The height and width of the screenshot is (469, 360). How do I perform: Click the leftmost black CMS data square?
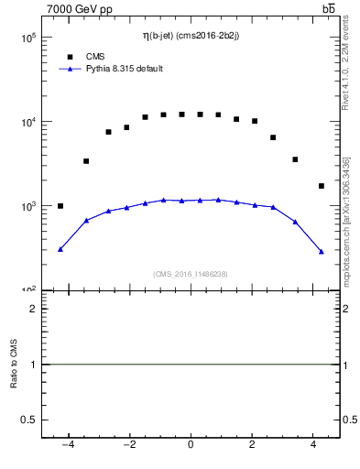(x=60, y=206)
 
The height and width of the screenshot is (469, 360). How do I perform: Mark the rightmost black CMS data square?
(x=322, y=186)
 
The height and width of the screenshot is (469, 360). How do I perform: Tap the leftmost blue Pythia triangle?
(x=60, y=249)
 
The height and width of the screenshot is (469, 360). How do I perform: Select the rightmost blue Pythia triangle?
(x=322, y=251)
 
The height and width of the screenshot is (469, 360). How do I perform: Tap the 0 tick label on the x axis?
(x=191, y=446)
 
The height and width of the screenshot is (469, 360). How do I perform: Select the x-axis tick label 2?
(x=253, y=446)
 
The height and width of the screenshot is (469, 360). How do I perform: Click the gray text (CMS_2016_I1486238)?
(x=191, y=273)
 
